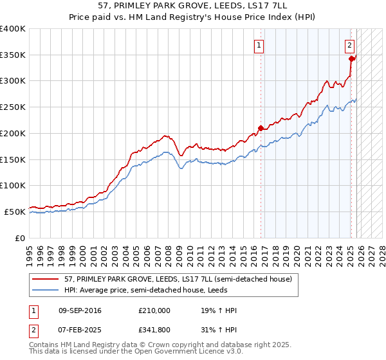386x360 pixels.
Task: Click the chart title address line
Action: click(x=193, y=6)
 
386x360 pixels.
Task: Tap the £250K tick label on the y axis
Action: click(x=13, y=107)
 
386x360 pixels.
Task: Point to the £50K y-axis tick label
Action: click(x=15, y=212)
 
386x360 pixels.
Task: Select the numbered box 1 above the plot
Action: click(x=259, y=45)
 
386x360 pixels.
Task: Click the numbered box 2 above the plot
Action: click(x=349, y=45)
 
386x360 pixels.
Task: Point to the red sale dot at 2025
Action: click(x=351, y=59)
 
